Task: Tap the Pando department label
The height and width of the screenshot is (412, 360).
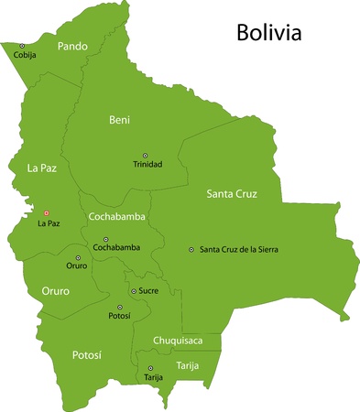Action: [72, 45]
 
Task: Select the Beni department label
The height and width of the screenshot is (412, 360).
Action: [119, 120]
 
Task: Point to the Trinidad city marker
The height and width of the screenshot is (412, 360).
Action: [144, 156]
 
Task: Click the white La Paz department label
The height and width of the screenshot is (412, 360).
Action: [42, 168]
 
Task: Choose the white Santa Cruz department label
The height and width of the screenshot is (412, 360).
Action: [231, 194]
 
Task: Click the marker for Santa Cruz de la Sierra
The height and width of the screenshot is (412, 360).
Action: [191, 249]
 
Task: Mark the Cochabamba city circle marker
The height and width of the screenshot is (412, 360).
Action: [105, 239]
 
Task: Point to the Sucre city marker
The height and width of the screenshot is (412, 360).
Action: [134, 291]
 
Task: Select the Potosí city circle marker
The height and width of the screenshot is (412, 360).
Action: [119, 307]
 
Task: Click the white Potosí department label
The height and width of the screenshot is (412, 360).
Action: [86, 354]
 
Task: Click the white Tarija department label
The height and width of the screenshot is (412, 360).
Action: [187, 365]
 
